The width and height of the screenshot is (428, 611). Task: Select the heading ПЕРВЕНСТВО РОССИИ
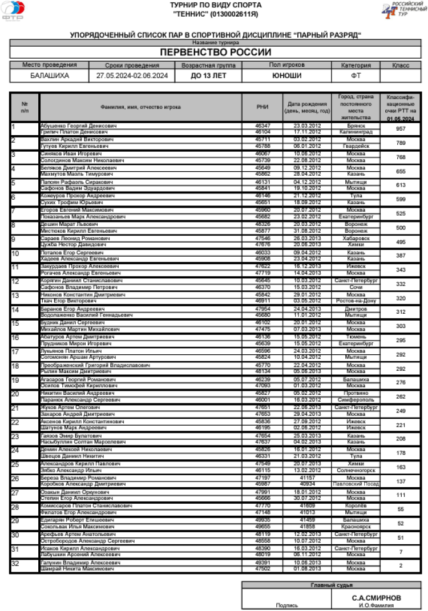pyautogui.click(x=215, y=52)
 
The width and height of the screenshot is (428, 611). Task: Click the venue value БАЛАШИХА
pyautogui.click(x=50, y=75)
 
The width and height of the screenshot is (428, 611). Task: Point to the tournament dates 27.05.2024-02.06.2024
pyautogui.click(x=132, y=75)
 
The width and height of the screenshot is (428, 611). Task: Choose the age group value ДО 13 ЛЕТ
pyautogui.click(x=208, y=75)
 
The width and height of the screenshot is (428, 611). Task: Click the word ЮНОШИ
pyautogui.click(x=287, y=75)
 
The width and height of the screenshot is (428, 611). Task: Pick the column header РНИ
pyautogui.click(x=262, y=107)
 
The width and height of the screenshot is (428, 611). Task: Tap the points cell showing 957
pyautogui.click(x=400, y=128)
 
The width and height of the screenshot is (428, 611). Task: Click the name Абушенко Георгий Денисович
pyautogui.click(x=78, y=126)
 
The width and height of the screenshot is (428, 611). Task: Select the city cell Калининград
pyautogui.click(x=356, y=132)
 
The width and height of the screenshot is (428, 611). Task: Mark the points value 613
pyautogui.click(x=400, y=185)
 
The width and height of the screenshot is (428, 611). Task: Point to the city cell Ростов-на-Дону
pyautogui.click(x=356, y=300)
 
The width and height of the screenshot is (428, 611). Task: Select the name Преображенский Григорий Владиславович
pyautogui.click(x=95, y=365)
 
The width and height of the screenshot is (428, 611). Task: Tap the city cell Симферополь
pyautogui.click(x=356, y=399)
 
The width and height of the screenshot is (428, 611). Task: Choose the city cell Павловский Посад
pyautogui.click(x=356, y=484)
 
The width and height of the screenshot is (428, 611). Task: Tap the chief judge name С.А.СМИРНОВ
pyautogui.click(x=376, y=597)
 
